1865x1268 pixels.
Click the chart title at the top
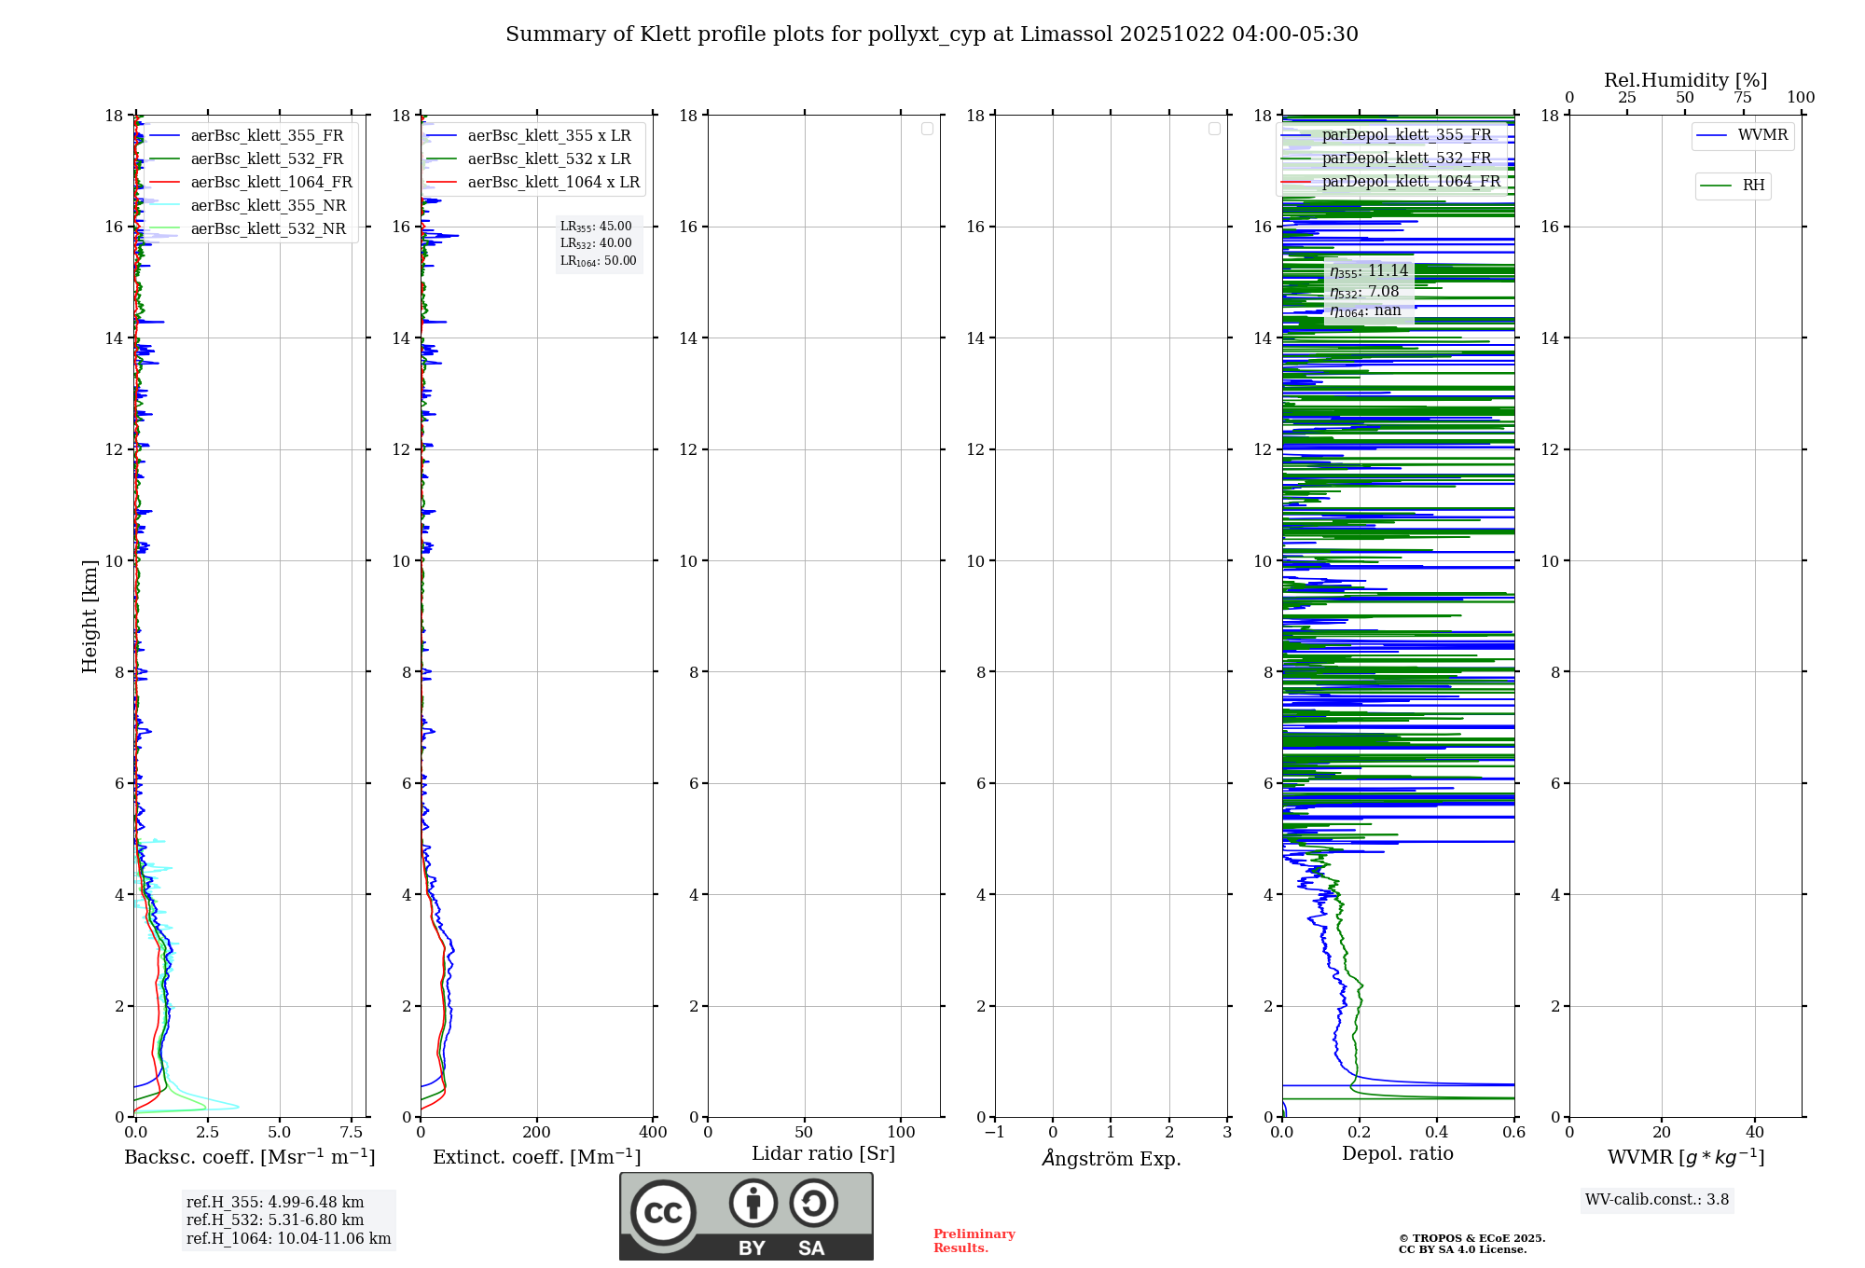coord(932,34)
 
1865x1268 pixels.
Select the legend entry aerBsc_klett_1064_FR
coord(270,183)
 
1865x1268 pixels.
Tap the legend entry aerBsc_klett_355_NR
coord(268,206)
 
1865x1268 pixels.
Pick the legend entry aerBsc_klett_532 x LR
coord(548,159)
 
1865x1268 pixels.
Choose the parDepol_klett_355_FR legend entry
coord(1406,135)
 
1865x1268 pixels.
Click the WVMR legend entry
coord(1762,135)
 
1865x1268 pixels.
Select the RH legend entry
coord(1753,186)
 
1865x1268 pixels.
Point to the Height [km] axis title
coord(90,616)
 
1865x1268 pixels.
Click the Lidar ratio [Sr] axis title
coord(823,1154)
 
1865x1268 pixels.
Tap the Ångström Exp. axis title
coord(1111,1159)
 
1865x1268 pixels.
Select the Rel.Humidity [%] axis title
coord(1685,80)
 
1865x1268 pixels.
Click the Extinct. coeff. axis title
coord(536,1157)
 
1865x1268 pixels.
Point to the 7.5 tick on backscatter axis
coord(352,1133)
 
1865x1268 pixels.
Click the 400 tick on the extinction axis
coord(653,1133)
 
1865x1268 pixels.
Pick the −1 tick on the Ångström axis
coord(994,1133)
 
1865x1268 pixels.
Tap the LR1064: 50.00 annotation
coord(598,261)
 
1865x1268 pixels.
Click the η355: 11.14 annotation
coord(1368,271)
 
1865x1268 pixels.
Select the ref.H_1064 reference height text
coord(288,1239)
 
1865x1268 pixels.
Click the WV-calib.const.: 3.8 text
coord(1657,1200)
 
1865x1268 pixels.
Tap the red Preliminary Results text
coord(974,1241)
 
